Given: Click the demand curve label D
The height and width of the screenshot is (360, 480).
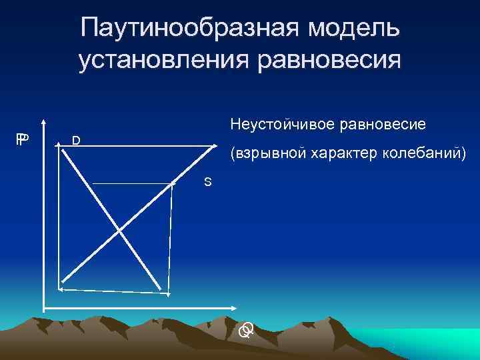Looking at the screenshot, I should [77, 140].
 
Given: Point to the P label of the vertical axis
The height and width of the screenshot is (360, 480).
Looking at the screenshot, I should [23, 139].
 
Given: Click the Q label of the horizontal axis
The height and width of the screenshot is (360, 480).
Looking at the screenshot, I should [247, 329].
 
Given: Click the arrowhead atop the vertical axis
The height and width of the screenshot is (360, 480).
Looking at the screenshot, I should [44, 123].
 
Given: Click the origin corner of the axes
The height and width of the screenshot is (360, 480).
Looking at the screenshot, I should [44, 309].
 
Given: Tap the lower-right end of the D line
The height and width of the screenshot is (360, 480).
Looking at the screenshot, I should [162, 289].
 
